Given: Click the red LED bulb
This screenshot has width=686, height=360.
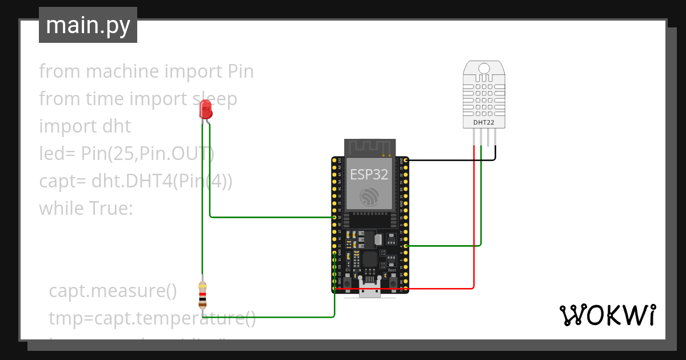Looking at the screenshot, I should [x=206, y=109].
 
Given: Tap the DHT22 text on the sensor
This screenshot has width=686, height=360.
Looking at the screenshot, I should [x=484, y=122].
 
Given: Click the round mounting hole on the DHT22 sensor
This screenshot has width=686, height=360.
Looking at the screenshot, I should [x=484, y=69].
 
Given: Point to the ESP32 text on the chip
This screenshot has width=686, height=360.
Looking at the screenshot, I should [x=369, y=175].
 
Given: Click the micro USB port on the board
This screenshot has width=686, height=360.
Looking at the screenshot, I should [x=370, y=290].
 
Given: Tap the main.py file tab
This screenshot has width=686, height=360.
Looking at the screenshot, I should [x=88, y=25].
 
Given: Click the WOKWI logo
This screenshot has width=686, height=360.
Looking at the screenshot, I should [x=607, y=315].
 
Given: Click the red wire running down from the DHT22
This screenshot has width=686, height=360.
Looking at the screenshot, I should [x=474, y=229].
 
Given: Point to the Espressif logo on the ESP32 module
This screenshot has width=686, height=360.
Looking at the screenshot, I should [x=369, y=197].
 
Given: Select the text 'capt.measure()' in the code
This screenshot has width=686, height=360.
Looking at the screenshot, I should [x=113, y=291].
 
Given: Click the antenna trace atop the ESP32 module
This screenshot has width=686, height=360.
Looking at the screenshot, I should [x=369, y=147].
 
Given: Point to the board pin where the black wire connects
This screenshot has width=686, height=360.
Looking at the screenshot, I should [x=405, y=161].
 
